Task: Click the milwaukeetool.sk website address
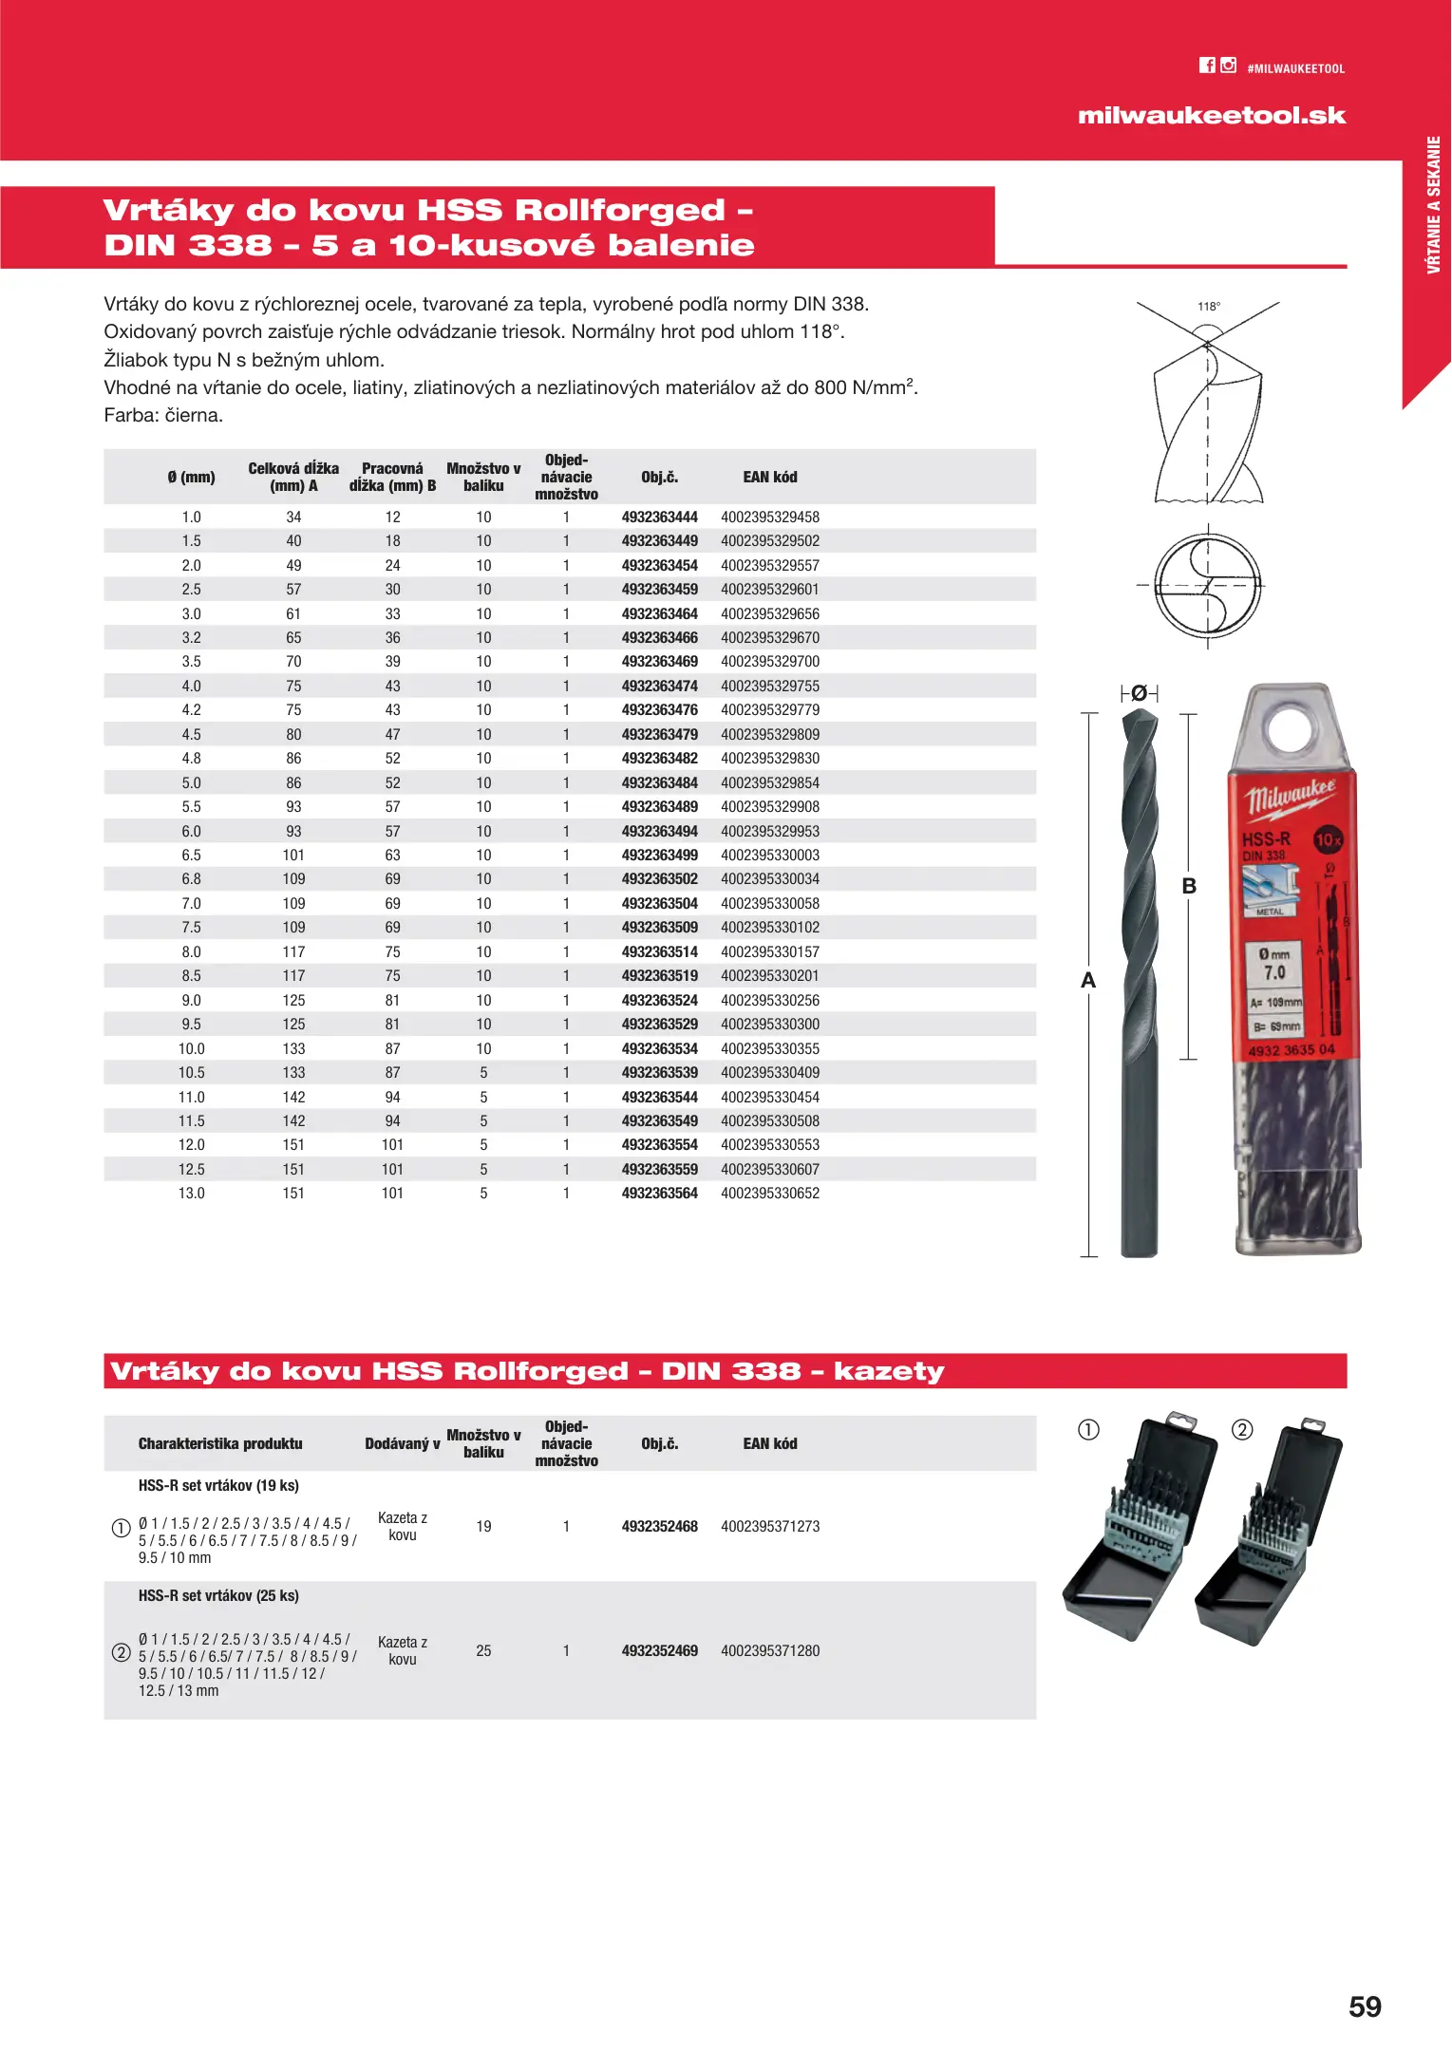pyautogui.click(x=1212, y=116)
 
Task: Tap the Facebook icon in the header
pyautogui.click(x=1207, y=66)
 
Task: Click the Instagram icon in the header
pyautogui.click(x=1229, y=66)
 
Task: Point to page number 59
pyautogui.click(x=1365, y=2005)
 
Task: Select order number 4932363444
pyautogui.click(x=659, y=517)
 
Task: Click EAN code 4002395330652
pyautogui.click(x=769, y=1194)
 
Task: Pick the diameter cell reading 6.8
pyautogui.click(x=191, y=879)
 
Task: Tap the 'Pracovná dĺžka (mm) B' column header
pyautogui.click(x=392, y=478)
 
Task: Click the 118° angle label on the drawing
pyautogui.click(x=1209, y=307)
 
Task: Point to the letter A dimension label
pyautogui.click(x=1088, y=981)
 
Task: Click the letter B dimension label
pyautogui.click(x=1189, y=886)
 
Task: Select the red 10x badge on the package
pyautogui.click(x=1328, y=839)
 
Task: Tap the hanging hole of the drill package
pyautogui.click(x=1289, y=729)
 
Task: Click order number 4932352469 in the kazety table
pyautogui.click(x=659, y=1651)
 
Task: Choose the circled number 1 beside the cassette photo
pyautogui.click(x=1088, y=1430)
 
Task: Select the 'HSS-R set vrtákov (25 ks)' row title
pyautogui.click(x=218, y=1596)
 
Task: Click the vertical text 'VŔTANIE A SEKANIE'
pyautogui.click(x=1433, y=205)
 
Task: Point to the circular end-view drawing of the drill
pyautogui.click(x=1208, y=585)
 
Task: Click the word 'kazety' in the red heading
pyautogui.click(x=889, y=1372)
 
